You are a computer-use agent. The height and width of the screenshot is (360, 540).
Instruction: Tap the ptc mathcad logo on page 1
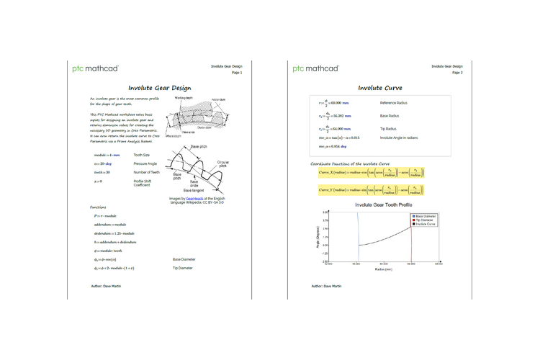(x=96, y=69)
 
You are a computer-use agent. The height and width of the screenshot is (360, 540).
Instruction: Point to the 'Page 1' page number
(x=236, y=73)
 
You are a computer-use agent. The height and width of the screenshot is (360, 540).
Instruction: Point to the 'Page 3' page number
(x=456, y=73)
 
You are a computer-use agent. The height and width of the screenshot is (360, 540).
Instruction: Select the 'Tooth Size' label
(x=143, y=154)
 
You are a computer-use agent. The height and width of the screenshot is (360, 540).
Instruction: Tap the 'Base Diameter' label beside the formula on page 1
(x=186, y=258)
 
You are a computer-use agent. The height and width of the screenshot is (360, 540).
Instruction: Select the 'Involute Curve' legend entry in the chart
(x=425, y=225)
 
